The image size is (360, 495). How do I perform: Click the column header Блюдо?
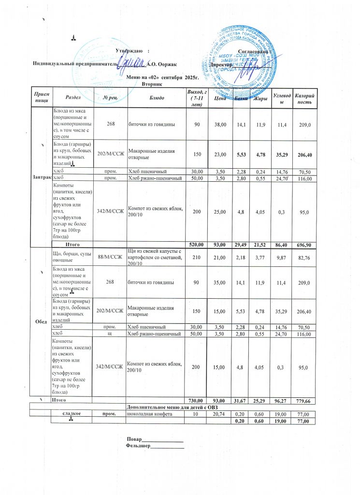tap(157, 98)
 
